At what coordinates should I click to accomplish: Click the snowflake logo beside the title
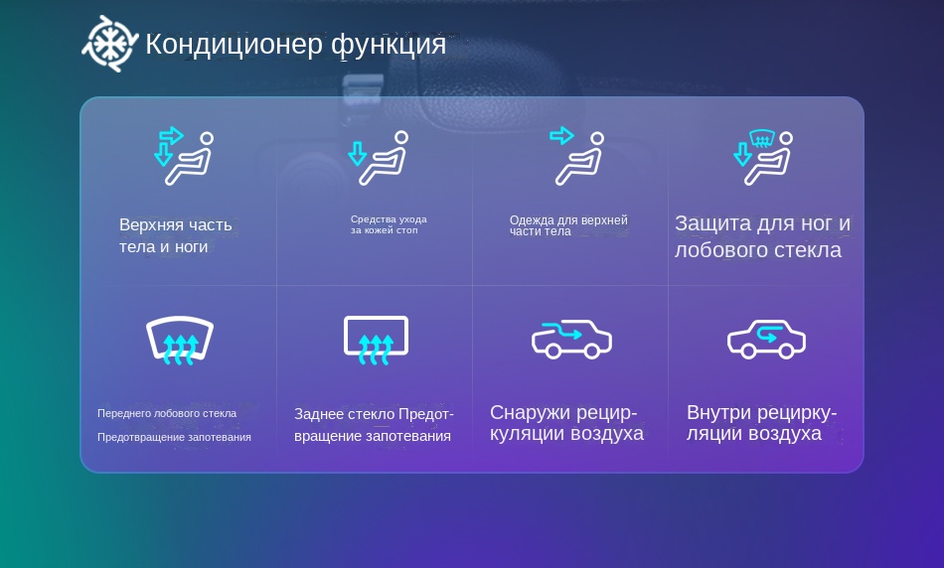click(x=110, y=44)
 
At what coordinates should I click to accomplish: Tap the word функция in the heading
click(x=389, y=45)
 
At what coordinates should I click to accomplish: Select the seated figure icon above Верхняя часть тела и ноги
click(x=184, y=155)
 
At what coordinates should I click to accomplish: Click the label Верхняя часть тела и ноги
click(x=175, y=235)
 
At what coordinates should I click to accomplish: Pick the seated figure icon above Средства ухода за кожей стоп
click(x=379, y=158)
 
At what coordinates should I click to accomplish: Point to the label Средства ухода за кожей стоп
click(x=389, y=224)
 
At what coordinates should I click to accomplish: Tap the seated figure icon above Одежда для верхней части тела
click(x=576, y=155)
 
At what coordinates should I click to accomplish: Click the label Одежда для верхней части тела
click(x=568, y=225)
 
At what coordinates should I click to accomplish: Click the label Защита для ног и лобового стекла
click(x=762, y=236)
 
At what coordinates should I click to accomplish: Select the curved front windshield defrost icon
click(x=180, y=340)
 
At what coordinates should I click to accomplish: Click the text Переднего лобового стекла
click(x=167, y=413)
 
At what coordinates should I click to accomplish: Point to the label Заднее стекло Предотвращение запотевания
click(x=374, y=425)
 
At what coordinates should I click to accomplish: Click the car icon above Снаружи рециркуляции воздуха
click(x=571, y=340)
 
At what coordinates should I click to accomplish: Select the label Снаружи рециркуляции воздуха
click(x=566, y=423)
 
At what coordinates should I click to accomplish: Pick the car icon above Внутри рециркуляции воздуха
click(x=766, y=340)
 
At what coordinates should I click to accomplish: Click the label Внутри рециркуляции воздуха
click(x=761, y=423)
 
